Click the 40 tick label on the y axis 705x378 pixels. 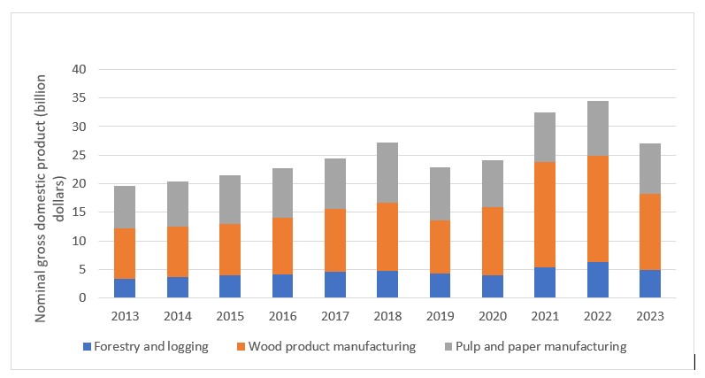point(81,70)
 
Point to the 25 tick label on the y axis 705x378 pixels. point(81,156)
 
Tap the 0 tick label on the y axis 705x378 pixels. point(85,298)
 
